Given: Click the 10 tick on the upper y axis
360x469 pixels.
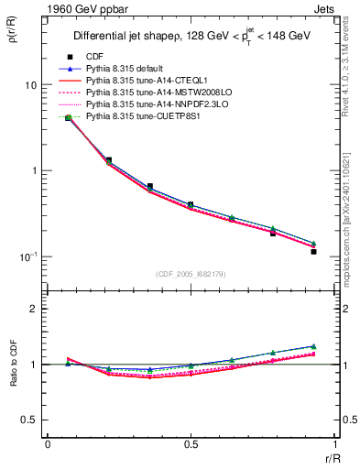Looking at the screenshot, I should [x=30, y=85].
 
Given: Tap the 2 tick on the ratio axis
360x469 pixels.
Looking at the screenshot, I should [x=34, y=309].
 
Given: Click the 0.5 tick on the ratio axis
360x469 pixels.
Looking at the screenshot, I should [x=30, y=420].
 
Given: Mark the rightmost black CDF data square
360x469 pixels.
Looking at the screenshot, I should [x=313, y=251].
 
